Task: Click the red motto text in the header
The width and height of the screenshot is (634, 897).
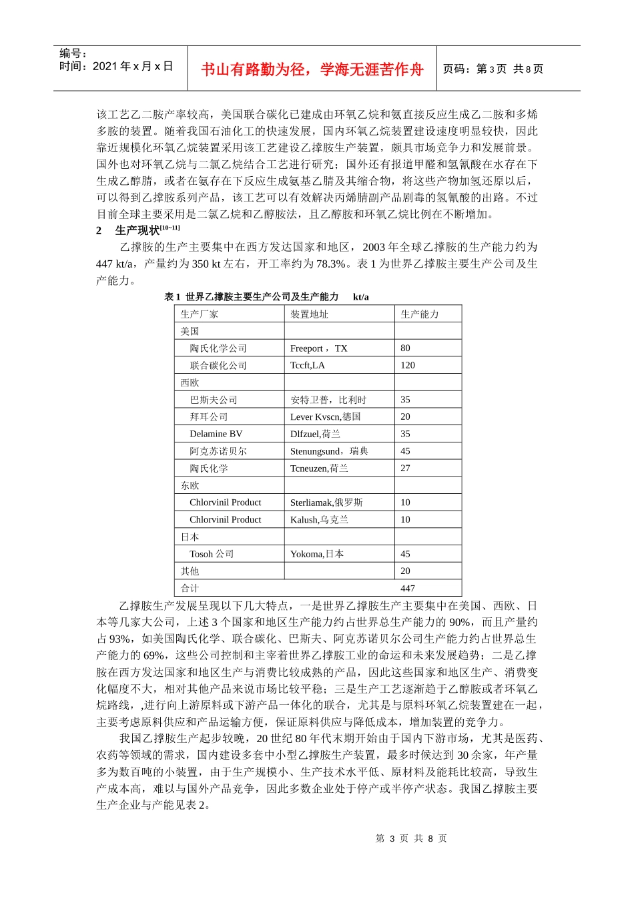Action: coord(312,69)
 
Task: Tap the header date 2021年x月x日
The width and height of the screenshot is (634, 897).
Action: coord(133,66)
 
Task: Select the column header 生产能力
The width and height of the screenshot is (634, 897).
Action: coord(419,314)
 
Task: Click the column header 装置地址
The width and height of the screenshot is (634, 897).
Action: coord(309,314)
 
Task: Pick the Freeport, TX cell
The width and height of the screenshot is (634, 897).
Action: coord(318,348)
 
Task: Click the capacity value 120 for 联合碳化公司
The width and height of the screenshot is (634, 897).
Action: coord(407,365)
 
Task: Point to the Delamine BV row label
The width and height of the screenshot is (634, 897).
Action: coord(216,434)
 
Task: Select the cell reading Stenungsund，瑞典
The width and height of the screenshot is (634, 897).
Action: coord(329,451)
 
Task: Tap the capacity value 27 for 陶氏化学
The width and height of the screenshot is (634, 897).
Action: coord(405,469)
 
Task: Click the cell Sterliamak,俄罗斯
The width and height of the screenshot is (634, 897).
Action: coord(326,503)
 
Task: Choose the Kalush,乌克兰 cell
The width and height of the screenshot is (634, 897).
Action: coord(319,520)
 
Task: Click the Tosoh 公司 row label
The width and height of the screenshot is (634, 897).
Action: coord(212,554)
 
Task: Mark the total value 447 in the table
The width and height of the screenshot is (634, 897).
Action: coord(407,589)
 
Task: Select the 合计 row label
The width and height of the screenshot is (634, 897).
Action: coord(190,589)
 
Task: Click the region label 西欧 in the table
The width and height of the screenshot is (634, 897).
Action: coord(190,382)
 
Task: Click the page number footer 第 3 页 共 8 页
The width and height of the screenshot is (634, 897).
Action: coord(411,838)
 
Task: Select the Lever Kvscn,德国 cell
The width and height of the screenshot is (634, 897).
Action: coord(325,417)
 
